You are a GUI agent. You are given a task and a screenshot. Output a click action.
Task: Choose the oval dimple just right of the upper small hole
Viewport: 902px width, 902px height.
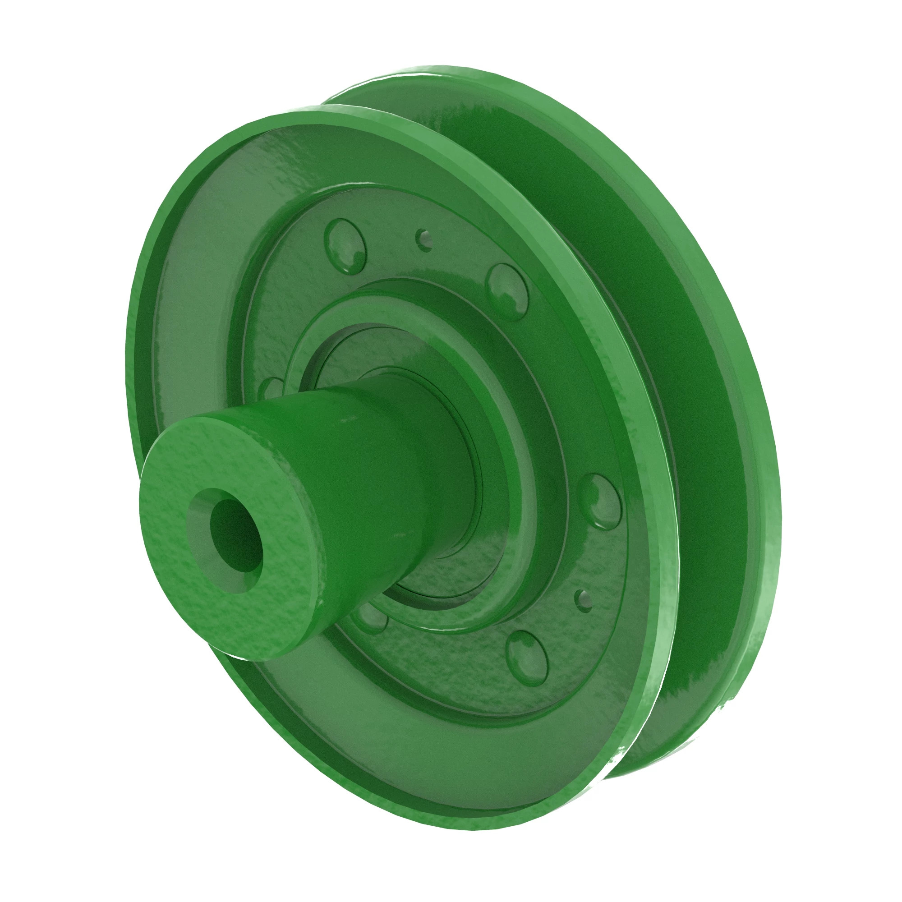[x=506, y=292]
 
